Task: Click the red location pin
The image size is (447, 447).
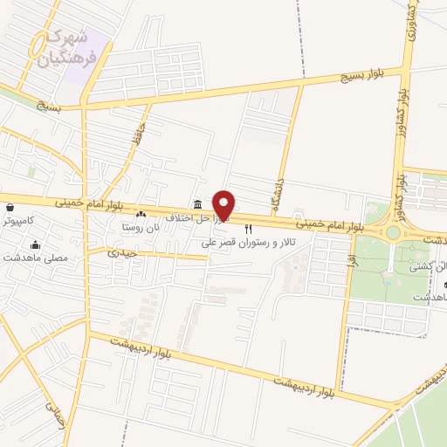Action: tap(224, 205)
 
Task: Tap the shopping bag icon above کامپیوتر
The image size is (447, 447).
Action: tap(10, 208)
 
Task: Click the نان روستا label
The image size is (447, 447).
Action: tap(141, 227)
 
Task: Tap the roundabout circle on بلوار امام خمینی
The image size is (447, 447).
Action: tap(394, 232)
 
